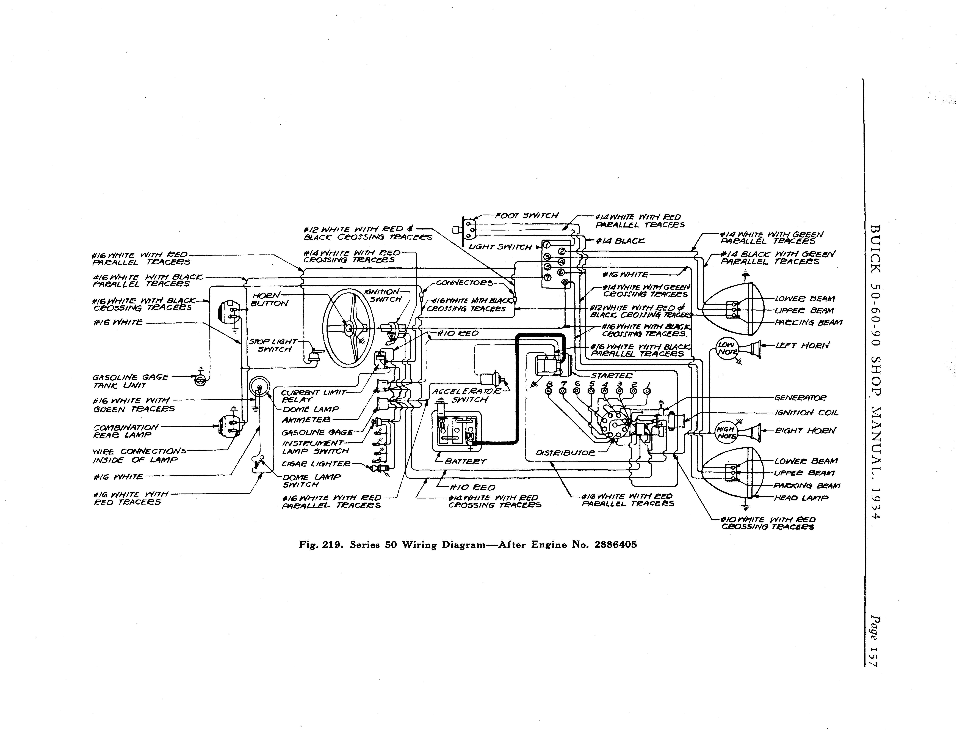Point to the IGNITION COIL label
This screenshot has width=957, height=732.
point(806,413)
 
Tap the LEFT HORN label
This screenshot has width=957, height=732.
point(802,346)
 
